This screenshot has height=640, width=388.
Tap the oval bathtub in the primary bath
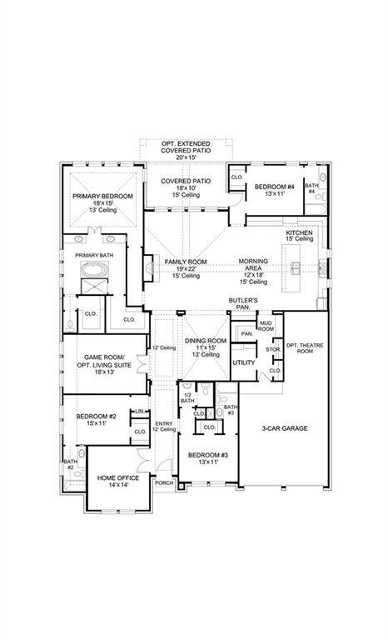[x=93, y=270]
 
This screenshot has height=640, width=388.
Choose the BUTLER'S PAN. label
[x=243, y=302]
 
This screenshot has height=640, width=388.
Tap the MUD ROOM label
[x=266, y=326]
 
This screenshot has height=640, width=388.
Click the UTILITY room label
[x=244, y=362]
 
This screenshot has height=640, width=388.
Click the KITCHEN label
[x=298, y=234]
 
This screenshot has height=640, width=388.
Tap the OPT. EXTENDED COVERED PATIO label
[x=185, y=150]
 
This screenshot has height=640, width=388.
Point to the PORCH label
[x=163, y=482]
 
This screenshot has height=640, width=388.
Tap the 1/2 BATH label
[x=187, y=398]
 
